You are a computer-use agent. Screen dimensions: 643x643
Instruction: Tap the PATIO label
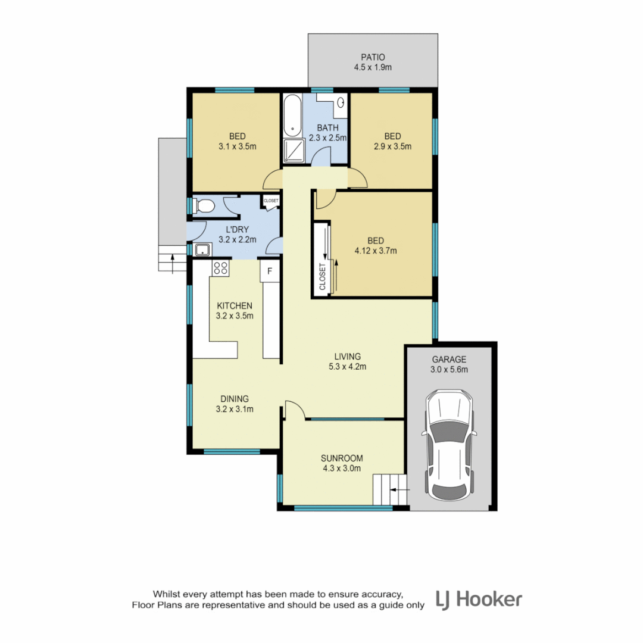tap(372, 57)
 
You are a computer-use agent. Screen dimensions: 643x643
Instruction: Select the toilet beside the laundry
tap(205, 207)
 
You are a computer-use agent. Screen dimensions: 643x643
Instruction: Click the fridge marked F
tap(270, 272)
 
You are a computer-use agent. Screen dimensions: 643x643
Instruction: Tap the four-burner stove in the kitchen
tap(220, 268)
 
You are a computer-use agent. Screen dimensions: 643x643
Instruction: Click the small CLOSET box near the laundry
tap(270, 201)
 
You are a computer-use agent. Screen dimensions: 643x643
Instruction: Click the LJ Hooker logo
tap(479, 599)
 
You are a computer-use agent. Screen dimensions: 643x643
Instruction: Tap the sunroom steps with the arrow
tap(388, 489)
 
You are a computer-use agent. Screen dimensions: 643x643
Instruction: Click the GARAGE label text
tap(450, 360)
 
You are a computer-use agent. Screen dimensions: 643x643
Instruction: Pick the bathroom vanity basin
tap(341, 103)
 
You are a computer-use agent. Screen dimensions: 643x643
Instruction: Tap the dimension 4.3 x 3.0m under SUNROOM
tap(341, 469)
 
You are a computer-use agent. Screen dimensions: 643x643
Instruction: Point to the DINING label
tap(235, 399)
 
